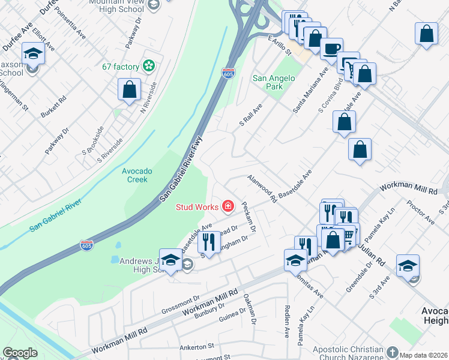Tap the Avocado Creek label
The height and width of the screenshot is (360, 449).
coord(137,175)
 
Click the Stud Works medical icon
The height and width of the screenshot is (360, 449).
coord(228,207)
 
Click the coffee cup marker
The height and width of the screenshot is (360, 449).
coord(331,49)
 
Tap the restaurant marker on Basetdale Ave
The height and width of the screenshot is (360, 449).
coord(208,242)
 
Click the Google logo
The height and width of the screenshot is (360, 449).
coord(20,353)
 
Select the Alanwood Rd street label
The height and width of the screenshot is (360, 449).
coord(262,188)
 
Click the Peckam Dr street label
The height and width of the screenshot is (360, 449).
coord(249,217)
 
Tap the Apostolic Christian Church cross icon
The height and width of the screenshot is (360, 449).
coord(393,352)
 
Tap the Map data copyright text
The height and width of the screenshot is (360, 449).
coord(424,355)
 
